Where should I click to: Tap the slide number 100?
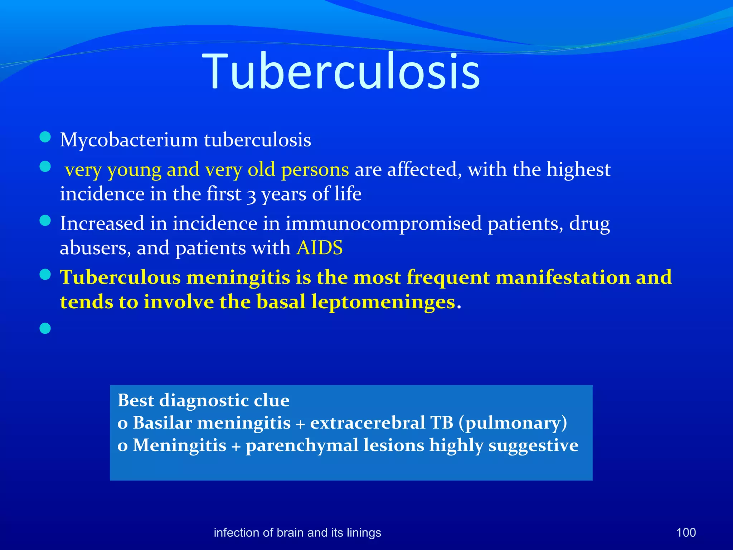686,532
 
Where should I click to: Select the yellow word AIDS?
319,248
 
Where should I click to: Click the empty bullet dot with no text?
45,328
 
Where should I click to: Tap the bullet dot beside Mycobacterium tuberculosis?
45,137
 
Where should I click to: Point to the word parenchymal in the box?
302,446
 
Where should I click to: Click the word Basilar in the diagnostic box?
162,423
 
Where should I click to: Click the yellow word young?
134,170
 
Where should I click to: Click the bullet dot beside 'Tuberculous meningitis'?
45,275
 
